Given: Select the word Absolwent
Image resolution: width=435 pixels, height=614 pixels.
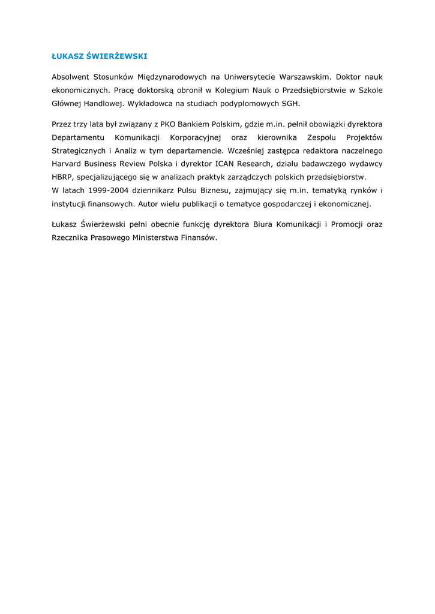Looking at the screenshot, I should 70,77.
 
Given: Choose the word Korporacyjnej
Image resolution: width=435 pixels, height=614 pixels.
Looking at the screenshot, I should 196,137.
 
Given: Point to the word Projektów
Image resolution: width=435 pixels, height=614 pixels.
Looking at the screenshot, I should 363,137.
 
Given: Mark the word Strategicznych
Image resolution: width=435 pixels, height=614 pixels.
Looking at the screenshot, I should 78,151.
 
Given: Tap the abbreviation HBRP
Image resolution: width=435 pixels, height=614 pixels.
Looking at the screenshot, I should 62,177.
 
